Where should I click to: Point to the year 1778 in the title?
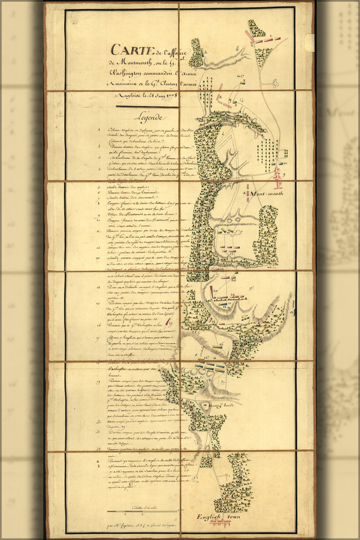(169, 96)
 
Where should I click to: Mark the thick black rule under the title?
(147, 107)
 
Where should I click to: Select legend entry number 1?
(99, 130)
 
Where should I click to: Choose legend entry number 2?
(99, 146)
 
